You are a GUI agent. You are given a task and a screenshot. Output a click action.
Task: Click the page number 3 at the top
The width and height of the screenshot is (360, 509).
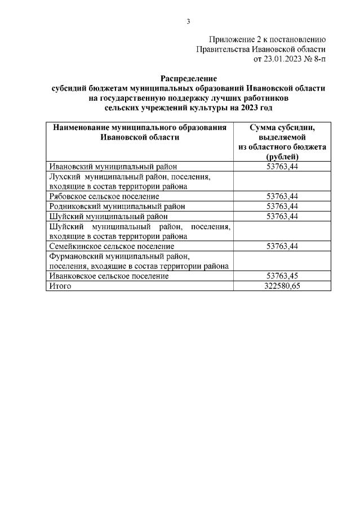(x=188, y=21)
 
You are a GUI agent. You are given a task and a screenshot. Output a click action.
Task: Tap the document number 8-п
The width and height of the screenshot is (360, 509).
(x=319, y=59)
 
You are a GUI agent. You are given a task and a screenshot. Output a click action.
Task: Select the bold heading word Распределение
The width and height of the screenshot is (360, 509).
(x=188, y=78)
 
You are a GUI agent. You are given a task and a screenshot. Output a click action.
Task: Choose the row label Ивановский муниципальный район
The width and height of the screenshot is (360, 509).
(x=113, y=166)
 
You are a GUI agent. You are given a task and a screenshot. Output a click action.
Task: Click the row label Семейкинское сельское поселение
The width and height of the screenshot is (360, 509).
(x=111, y=246)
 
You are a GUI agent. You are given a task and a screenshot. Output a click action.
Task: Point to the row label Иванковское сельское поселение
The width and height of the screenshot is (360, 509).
(x=109, y=276)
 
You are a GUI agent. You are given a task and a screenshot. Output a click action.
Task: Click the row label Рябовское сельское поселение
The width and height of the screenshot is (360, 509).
(x=104, y=196)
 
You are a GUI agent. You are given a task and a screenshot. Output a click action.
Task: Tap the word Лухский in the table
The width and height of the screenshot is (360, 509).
(x=64, y=176)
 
